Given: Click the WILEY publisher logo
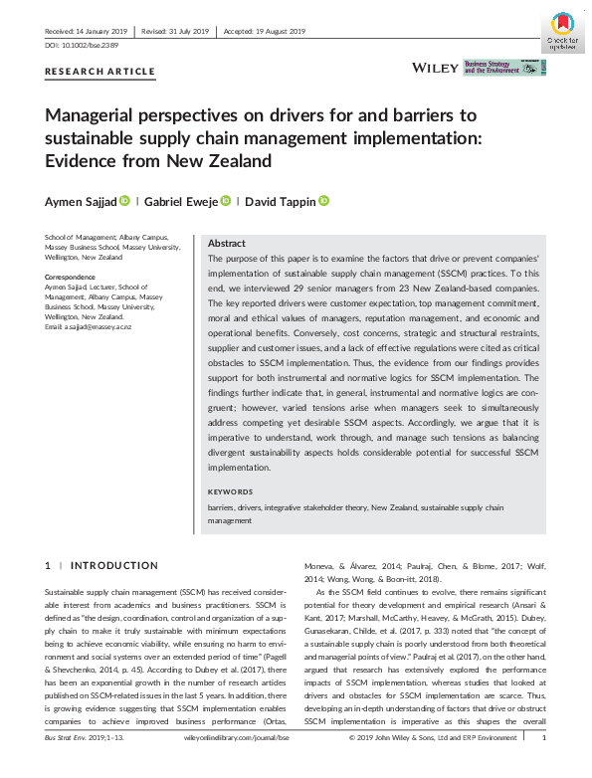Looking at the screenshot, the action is click(x=435, y=68).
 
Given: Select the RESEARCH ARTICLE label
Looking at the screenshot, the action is click(x=100, y=72).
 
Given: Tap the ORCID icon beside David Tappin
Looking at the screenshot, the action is click(x=324, y=202).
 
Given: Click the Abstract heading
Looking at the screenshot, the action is click(x=227, y=244).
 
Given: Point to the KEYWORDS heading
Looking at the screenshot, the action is click(x=230, y=492).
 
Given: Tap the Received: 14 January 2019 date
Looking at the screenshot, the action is click(x=87, y=31).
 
